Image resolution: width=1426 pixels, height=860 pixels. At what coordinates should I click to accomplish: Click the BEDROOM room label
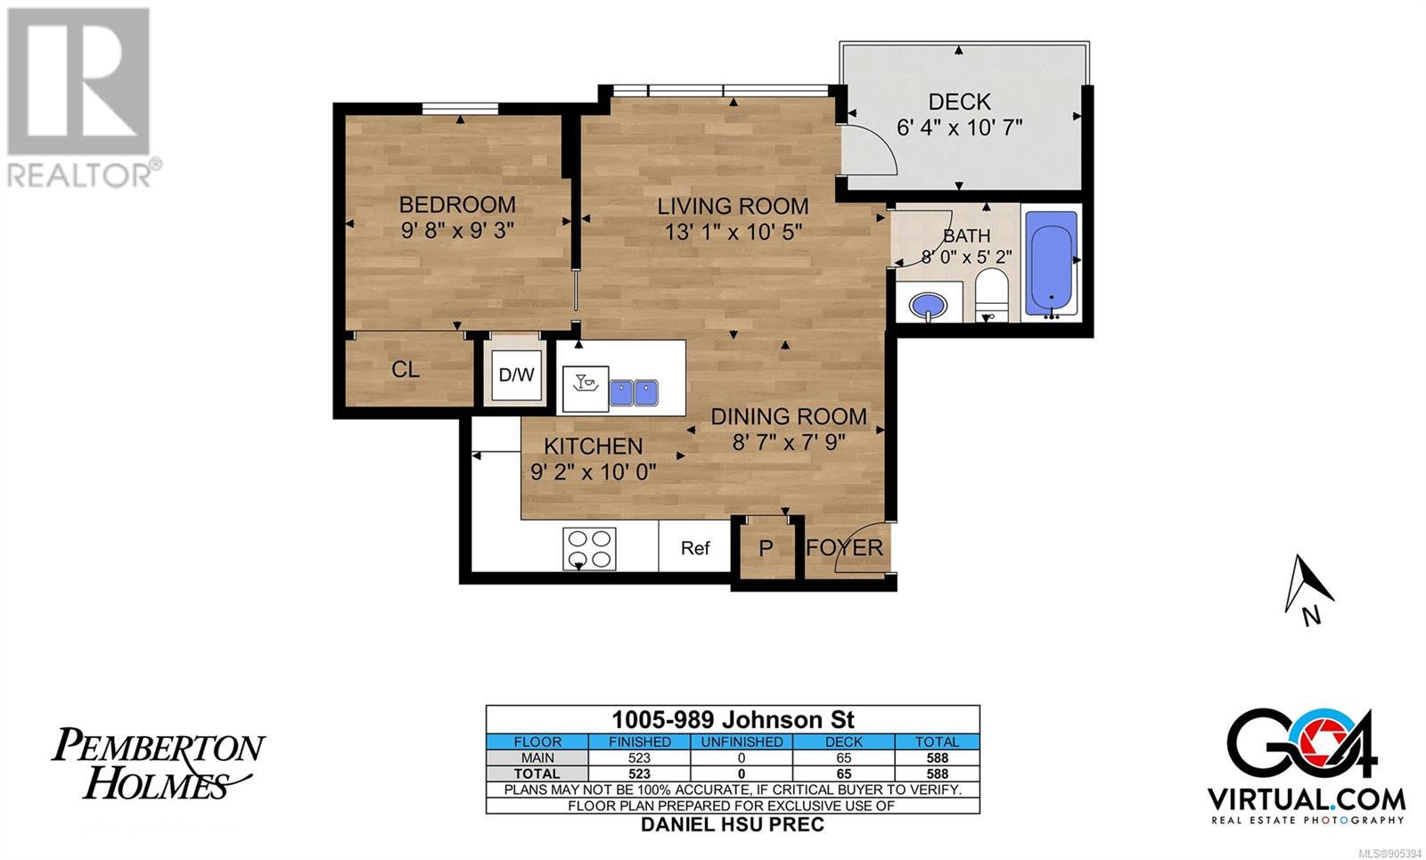click(457, 205)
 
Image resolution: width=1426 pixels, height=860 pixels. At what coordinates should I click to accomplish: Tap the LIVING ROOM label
click(733, 206)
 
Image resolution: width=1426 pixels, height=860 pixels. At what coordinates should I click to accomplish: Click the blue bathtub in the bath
click(1051, 262)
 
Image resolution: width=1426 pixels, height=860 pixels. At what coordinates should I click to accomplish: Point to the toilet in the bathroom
click(991, 295)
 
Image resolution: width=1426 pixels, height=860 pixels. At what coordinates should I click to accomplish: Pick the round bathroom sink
click(928, 305)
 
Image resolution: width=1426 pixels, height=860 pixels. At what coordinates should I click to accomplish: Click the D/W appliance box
click(516, 375)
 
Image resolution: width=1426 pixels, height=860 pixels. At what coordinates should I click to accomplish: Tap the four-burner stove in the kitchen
click(589, 549)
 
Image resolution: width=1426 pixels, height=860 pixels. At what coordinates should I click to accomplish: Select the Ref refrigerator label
click(694, 548)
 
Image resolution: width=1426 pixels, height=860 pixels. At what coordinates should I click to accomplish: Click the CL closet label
click(406, 369)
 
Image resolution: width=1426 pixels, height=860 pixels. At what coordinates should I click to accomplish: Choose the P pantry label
click(766, 547)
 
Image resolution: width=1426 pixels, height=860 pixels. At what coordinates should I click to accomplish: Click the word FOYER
click(845, 547)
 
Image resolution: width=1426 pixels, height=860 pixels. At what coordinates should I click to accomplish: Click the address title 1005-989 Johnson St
click(733, 720)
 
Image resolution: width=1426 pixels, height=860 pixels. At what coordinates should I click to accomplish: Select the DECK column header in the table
click(843, 741)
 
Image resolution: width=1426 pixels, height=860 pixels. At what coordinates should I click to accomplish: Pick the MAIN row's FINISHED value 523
click(639, 758)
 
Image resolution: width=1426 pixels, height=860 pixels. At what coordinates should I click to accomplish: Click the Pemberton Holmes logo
click(157, 764)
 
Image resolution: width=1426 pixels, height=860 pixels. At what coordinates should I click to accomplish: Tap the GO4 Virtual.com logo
click(1307, 767)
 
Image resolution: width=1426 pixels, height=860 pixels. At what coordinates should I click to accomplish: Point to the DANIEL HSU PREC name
click(732, 824)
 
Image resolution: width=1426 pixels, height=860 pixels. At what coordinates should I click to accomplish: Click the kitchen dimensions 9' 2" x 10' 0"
click(593, 472)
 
